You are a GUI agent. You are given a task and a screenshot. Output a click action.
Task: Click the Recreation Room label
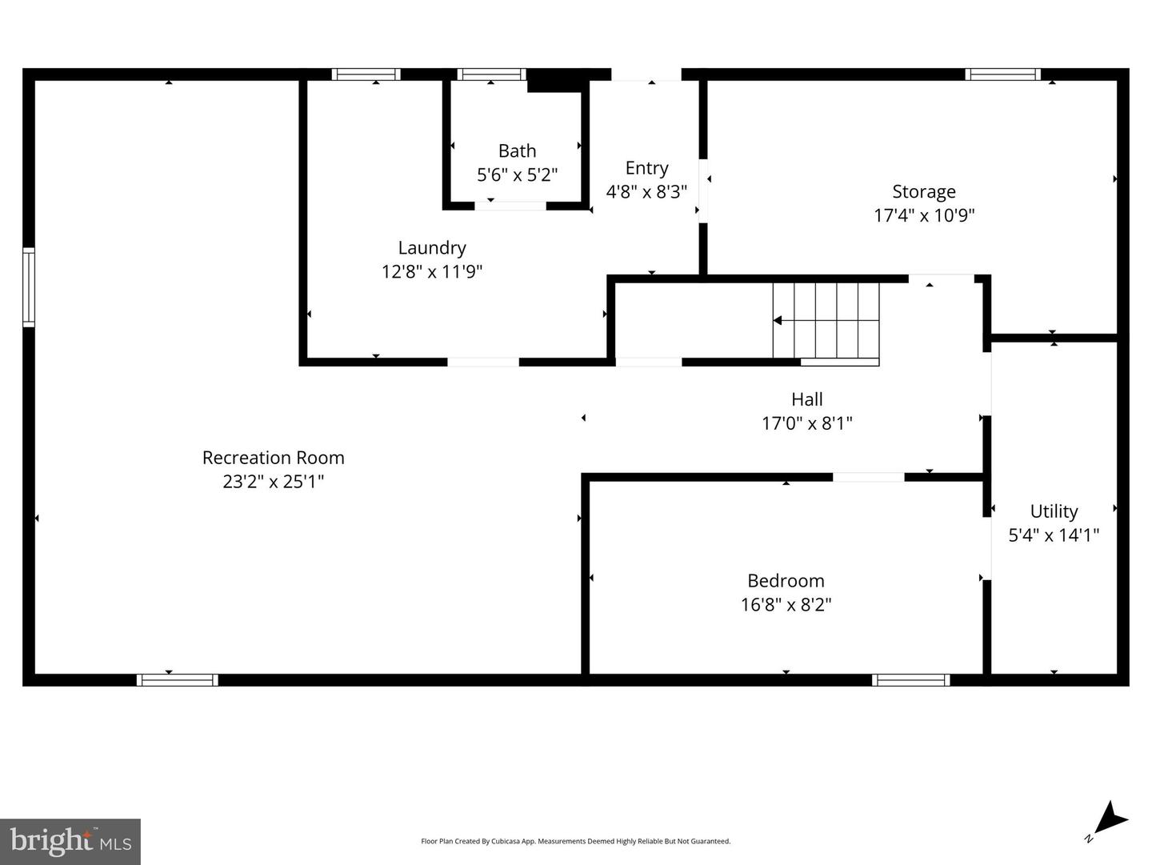click(x=274, y=458)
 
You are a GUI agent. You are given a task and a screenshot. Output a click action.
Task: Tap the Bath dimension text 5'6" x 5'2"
click(x=517, y=174)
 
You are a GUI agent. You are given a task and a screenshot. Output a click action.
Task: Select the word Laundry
click(x=432, y=248)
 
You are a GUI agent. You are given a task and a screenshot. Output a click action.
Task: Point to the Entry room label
click(x=646, y=169)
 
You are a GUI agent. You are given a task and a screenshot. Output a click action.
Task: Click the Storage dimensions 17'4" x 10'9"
click(x=924, y=215)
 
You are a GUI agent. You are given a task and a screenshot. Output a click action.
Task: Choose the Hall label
click(x=806, y=399)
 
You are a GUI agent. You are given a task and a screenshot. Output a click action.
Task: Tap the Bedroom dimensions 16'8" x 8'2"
click(x=786, y=605)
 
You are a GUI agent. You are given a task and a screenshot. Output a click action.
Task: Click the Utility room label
click(x=1054, y=512)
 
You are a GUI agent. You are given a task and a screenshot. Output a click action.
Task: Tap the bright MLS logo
click(x=70, y=841)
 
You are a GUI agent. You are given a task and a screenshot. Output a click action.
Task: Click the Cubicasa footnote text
click(x=576, y=841)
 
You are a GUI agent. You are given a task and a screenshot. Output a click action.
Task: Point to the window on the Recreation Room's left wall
click(x=29, y=287)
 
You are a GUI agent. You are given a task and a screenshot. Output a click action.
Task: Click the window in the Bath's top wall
click(x=491, y=74)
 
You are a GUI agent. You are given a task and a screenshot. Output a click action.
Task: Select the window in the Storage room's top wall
click(x=1003, y=74)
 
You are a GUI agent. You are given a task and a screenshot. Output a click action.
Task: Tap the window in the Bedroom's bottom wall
click(x=911, y=680)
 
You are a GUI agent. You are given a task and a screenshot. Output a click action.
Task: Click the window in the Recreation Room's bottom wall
click(x=178, y=680)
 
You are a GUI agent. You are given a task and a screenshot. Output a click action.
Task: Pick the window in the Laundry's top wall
click(x=366, y=74)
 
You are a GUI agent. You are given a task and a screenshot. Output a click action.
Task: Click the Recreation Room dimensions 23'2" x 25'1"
click(x=274, y=482)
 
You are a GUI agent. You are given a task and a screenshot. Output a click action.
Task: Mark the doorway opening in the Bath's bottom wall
click(x=510, y=206)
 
